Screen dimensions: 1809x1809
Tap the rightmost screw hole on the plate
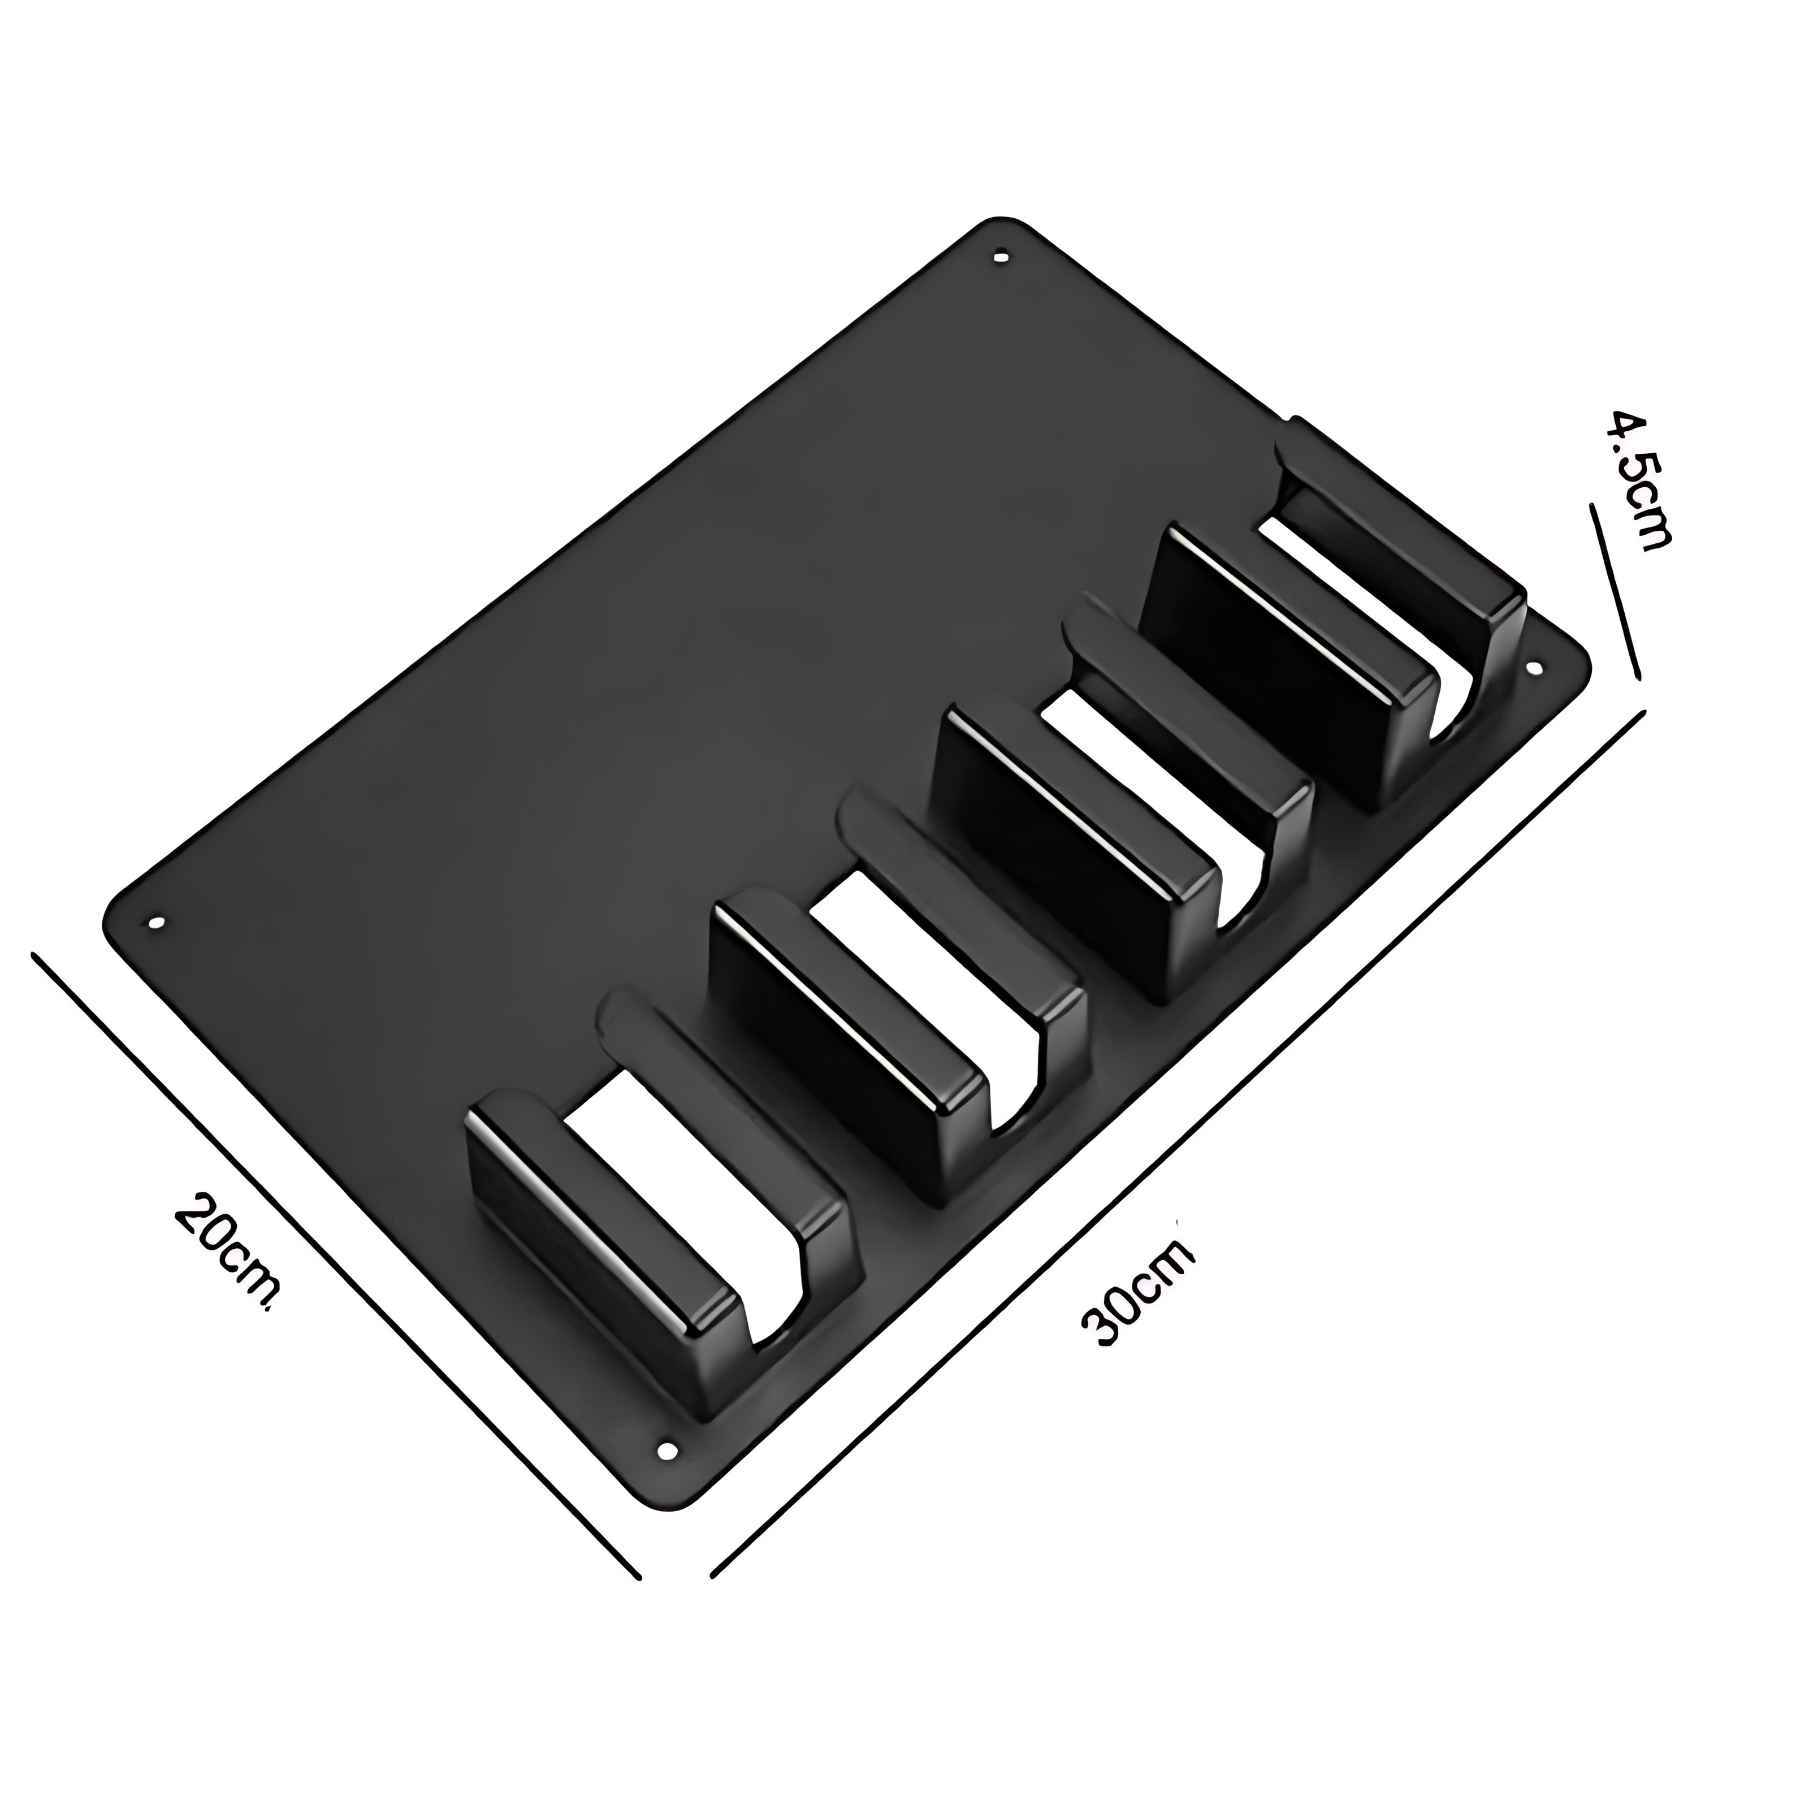coord(1535,669)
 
